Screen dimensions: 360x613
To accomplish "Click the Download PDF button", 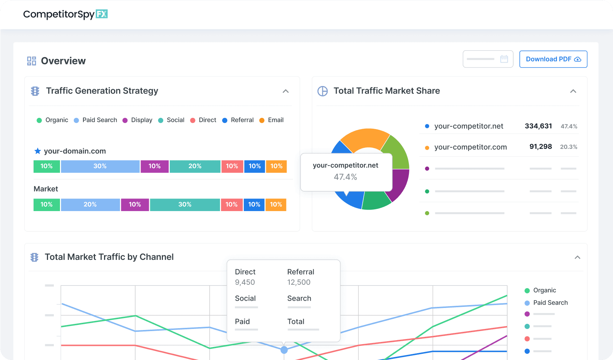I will (x=553, y=59).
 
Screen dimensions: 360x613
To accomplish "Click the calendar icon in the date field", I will (x=504, y=59).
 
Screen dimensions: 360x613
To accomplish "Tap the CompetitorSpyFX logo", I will (x=65, y=14).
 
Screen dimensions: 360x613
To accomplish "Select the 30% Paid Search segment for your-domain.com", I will (x=100, y=166).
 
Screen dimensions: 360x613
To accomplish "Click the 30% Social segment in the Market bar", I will (x=185, y=205).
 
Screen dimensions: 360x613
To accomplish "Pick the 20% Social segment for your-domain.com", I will (x=195, y=166).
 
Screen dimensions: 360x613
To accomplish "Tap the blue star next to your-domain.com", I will (x=37, y=151).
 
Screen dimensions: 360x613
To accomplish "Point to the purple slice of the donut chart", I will (x=400, y=184).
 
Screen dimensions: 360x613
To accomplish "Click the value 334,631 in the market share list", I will (x=538, y=126).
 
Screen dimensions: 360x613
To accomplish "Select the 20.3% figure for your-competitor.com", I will (x=569, y=147).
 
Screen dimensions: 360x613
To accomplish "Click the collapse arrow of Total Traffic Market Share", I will (x=573, y=91).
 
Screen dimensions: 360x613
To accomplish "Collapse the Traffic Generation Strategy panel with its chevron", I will (x=286, y=91).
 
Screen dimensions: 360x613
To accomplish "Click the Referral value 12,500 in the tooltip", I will (x=299, y=282).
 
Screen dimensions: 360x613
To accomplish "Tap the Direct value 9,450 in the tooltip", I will (x=245, y=282).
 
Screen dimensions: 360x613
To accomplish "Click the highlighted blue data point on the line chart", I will (x=284, y=350).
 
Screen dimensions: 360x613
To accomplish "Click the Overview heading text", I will (x=63, y=61).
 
